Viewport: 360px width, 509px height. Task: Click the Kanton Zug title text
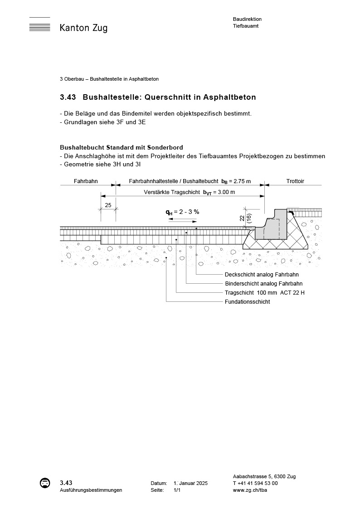pyautogui.click(x=83, y=28)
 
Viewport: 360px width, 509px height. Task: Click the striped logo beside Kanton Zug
pyautogui.click(x=39, y=27)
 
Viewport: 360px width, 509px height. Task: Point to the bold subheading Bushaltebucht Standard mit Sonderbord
pyautogui.click(x=121, y=148)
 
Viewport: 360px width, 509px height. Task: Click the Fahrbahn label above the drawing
pyautogui.click(x=85, y=181)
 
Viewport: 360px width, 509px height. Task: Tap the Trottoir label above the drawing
pyautogui.click(x=295, y=181)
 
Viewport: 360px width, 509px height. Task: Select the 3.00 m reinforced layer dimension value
pyautogui.click(x=226, y=192)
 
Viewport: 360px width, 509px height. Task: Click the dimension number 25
pyautogui.click(x=108, y=205)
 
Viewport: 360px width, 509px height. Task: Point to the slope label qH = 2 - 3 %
pyautogui.click(x=182, y=212)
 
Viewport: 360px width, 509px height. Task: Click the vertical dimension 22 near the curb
pyautogui.click(x=243, y=218)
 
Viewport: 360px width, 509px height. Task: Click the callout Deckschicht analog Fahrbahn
pyautogui.click(x=262, y=275)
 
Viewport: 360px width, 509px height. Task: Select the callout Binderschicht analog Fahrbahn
pyautogui.click(x=263, y=284)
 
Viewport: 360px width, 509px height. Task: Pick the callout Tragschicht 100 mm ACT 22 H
pyautogui.click(x=264, y=293)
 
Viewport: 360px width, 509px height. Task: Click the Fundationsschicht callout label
pyautogui.click(x=247, y=302)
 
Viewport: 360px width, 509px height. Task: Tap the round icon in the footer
pyautogui.click(x=44, y=483)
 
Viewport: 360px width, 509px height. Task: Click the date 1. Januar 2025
pyautogui.click(x=190, y=484)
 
